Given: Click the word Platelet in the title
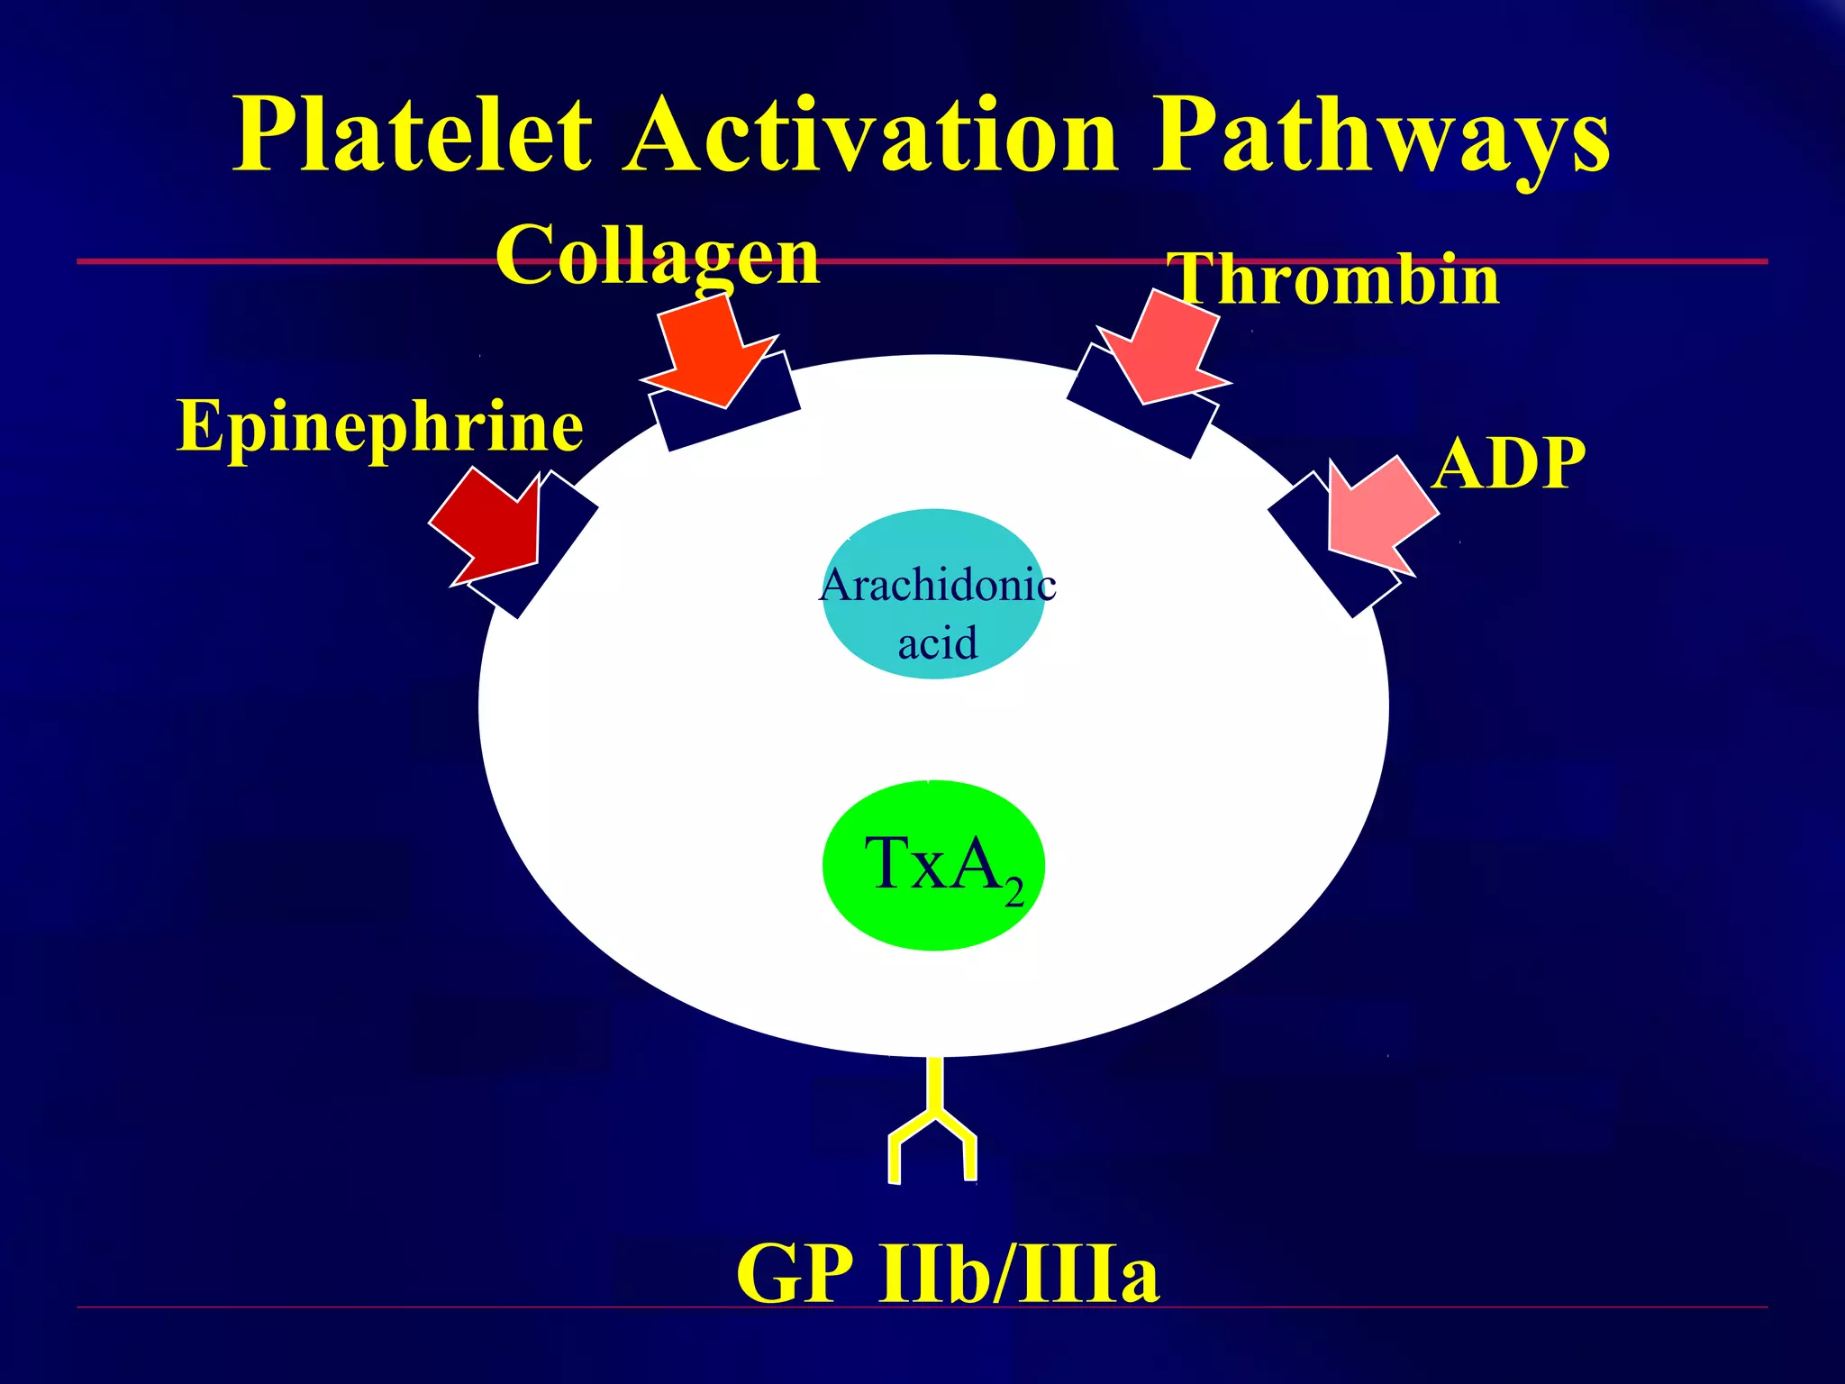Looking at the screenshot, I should coord(413,135).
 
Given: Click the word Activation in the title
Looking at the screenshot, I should coord(872,135).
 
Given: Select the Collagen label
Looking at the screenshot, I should coord(658,256).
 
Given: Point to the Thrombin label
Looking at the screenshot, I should coord(1333,279).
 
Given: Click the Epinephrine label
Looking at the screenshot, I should coord(380,425).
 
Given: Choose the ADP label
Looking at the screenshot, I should coord(1509,463).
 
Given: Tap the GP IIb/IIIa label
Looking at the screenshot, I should coord(948,1272).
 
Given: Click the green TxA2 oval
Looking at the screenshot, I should coord(933,865).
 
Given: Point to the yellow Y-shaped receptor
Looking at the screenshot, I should coord(933,1126).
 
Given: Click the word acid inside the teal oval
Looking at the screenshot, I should coord(937,643).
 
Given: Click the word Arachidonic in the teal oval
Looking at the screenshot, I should coord(937,586).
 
